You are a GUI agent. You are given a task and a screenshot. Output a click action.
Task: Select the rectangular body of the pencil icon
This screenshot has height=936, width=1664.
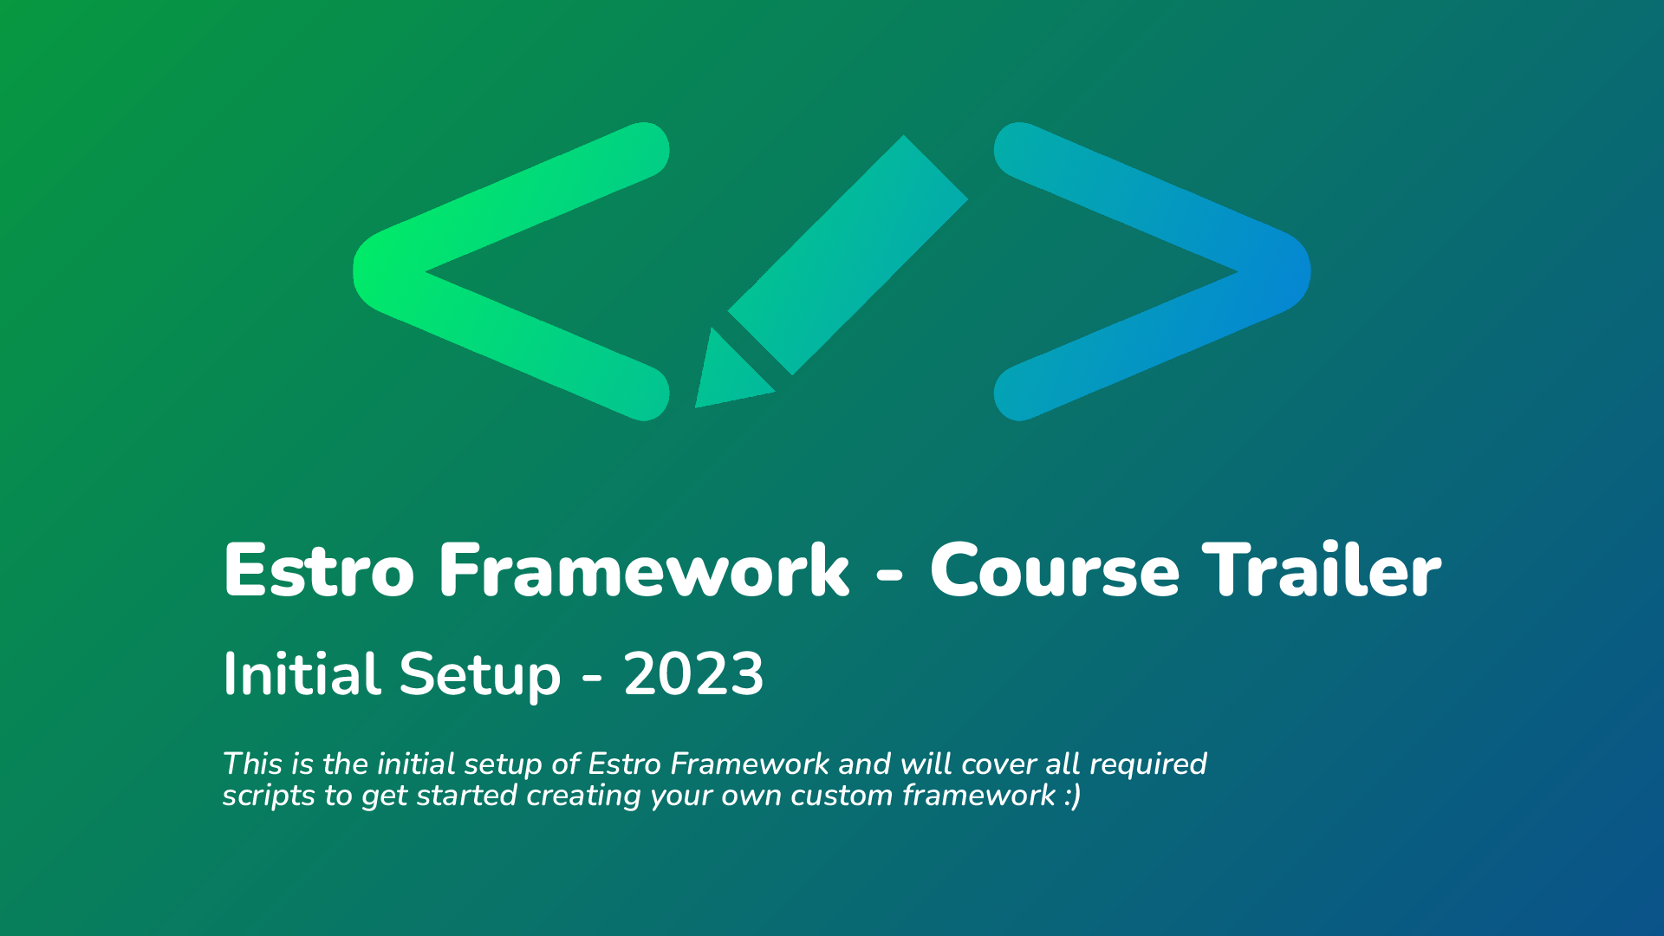point(848,255)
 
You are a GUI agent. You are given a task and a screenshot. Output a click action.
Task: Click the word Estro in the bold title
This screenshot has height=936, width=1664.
point(319,570)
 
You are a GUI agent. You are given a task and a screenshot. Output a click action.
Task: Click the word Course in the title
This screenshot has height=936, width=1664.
point(1055,570)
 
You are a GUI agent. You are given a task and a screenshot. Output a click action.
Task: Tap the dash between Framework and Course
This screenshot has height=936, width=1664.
point(890,575)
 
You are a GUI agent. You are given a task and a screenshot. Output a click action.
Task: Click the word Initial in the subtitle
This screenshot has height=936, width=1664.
point(302,673)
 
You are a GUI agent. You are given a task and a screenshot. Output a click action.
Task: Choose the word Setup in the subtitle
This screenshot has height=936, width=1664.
point(480,676)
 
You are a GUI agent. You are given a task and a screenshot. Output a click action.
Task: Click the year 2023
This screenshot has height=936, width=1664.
point(693,673)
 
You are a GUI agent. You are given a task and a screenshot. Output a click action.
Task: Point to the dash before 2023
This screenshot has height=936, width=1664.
point(593,678)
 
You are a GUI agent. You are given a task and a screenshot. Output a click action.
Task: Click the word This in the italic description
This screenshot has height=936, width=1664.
point(252,764)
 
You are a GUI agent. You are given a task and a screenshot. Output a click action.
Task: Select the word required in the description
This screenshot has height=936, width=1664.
point(1147,764)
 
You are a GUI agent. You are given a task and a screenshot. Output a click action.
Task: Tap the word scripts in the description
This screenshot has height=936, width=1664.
point(269,796)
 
